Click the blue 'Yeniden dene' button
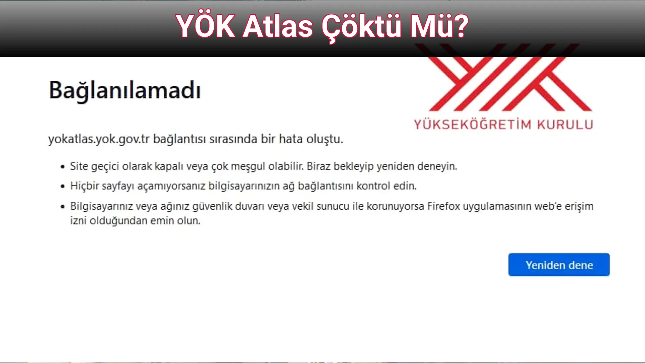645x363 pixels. coord(559,265)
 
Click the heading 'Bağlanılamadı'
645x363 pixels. coord(125,90)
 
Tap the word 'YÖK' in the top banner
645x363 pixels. coord(205,26)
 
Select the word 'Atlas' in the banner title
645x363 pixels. coord(278,26)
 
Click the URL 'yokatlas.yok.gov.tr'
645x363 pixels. coord(99,139)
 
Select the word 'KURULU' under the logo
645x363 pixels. coord(565,124)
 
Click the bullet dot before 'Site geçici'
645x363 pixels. coord(62,167)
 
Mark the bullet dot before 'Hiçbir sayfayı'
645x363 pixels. coord(62,186)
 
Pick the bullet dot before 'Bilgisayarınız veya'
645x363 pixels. coord(62,206)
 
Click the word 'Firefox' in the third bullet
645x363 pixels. coord(443,206)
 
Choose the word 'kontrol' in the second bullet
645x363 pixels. coord(373,186)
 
